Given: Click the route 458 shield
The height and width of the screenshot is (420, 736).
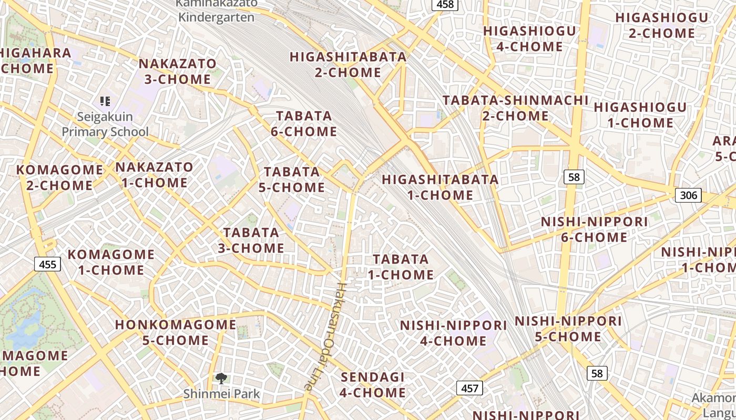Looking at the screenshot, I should click(445, 4).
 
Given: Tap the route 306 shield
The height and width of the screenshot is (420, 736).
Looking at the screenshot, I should click(688, 195).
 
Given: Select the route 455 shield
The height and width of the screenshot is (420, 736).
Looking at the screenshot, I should click(47, 264).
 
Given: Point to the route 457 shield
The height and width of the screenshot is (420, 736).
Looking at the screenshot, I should click(469, 388).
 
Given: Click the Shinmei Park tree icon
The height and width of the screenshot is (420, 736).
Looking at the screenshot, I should click(221, 378).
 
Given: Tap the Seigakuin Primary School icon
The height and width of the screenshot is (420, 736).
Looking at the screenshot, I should click(105, 101).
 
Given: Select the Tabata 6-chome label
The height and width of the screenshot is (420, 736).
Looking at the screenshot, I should click(304, 123).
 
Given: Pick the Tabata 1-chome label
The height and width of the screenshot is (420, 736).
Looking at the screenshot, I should click(401, 267).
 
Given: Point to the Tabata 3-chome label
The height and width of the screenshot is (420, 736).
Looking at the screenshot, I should click(251, 240).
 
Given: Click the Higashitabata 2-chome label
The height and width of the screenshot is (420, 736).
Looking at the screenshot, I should click(348, 65).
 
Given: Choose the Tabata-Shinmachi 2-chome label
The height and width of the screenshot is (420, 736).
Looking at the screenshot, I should click(515, 108).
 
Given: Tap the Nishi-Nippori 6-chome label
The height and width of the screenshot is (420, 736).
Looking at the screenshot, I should click(594, 229).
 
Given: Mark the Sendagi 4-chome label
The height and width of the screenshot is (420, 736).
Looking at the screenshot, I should click(373, 385).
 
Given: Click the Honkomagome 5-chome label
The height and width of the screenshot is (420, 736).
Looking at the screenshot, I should click(176, 332).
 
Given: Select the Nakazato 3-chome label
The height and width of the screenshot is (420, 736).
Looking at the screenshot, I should click(177, 71).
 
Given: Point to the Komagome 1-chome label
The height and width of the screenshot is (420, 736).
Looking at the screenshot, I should click(111, 262).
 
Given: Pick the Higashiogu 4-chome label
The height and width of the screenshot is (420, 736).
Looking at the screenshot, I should click(529, 39).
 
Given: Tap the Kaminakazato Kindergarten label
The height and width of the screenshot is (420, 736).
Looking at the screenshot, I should click(216, 10).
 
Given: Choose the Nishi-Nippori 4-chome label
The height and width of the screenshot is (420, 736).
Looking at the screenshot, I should click(453, 333).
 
